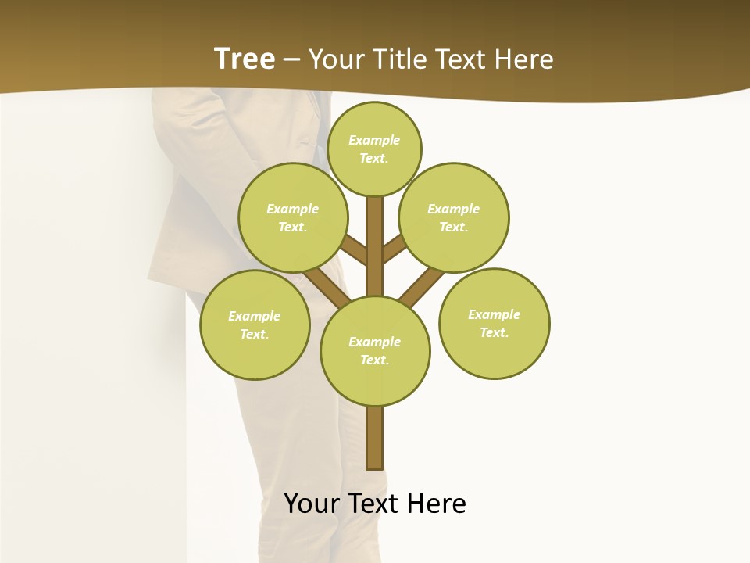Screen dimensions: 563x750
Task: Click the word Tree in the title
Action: point(245,59)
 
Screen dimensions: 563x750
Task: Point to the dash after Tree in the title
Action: point(292,59)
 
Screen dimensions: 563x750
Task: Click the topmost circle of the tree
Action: point(374,149)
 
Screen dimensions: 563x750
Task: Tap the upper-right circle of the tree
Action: point(454,217)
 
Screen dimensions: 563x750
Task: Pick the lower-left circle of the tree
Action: point(255,325)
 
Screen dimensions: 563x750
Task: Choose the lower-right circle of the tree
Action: point(494,324)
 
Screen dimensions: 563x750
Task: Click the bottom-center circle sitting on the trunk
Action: point(375,350)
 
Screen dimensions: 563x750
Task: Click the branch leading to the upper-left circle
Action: point(354,249)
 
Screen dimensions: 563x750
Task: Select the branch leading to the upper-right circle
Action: point(394,249)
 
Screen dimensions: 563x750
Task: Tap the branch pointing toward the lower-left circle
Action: point(325,285)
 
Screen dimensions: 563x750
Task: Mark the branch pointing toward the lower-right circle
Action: point(422,286)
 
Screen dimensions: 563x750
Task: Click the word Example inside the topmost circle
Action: point(374,140)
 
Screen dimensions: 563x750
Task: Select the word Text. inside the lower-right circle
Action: point(494,332)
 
